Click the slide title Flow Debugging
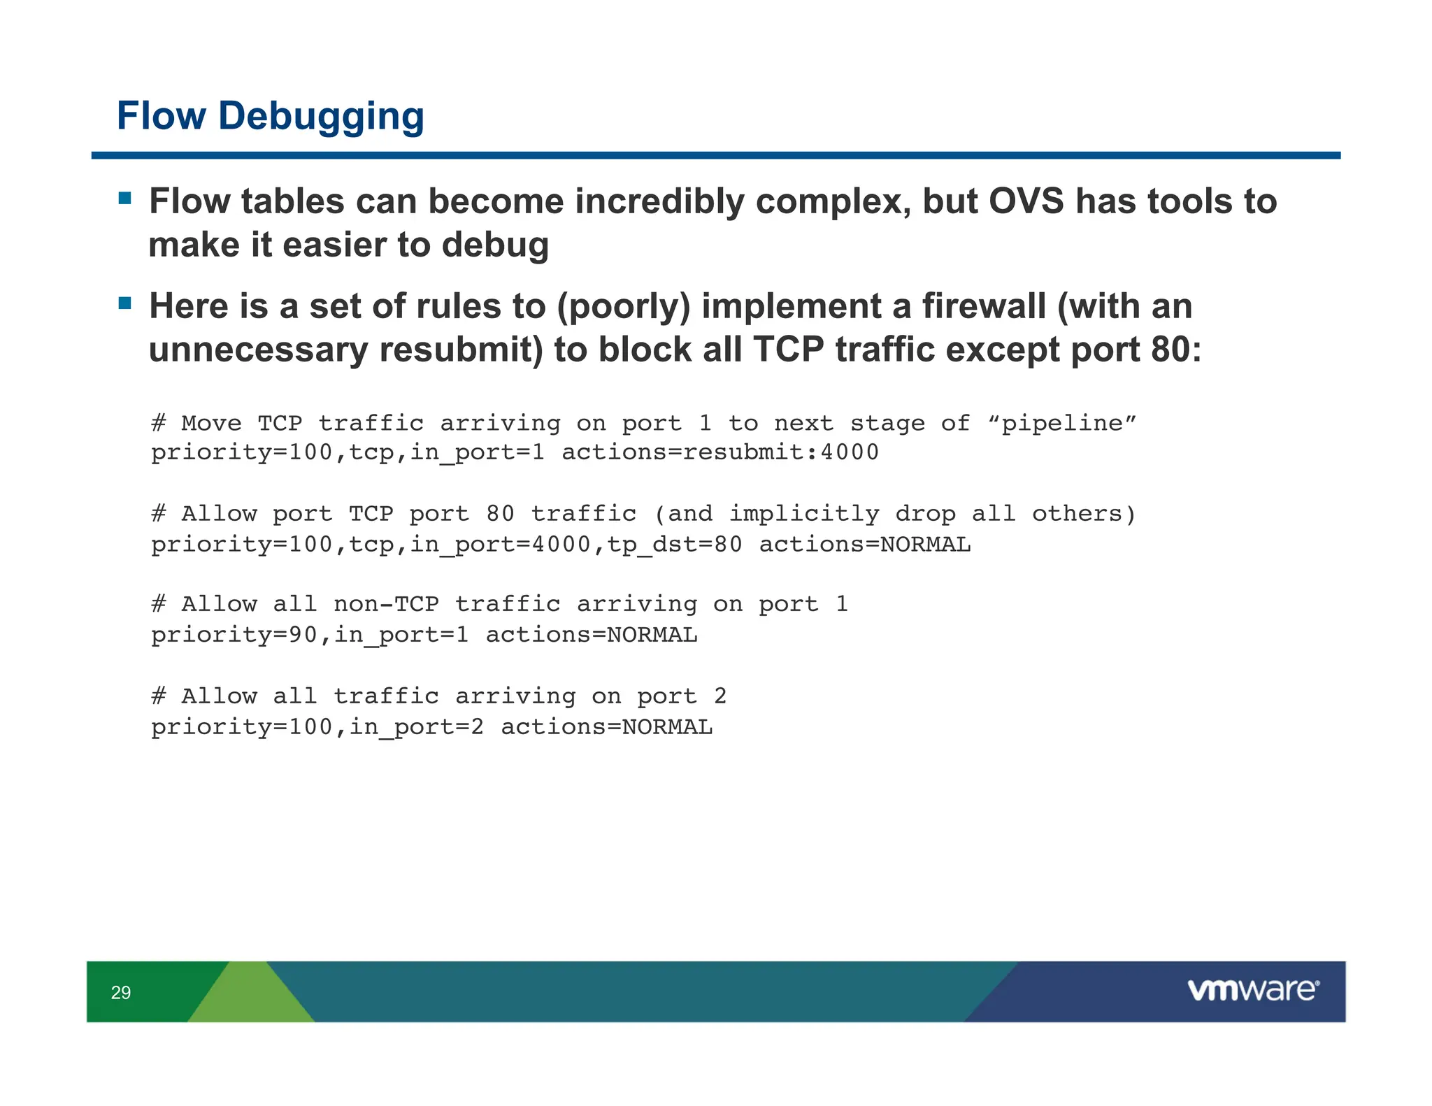pos(270,116)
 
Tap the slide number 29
pos(121,992)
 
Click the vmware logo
pos(1252,990)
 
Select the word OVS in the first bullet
pos(1026,202)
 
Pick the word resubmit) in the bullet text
pos(461,350)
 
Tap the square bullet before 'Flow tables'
pos(125,198)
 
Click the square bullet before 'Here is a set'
pos(125,303)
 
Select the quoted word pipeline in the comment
pos(1062,423)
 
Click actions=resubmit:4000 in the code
pos(719,452)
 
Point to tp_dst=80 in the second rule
pos(675,544)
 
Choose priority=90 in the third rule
pos(234,635)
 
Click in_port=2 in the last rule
pos(416,727)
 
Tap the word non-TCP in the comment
pos(386,604)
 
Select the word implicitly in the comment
pos(803,514)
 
